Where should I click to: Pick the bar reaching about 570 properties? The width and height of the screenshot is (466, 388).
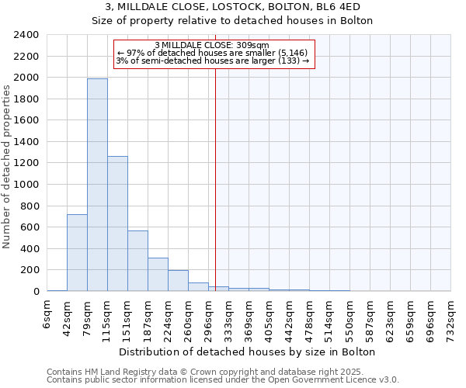pyautogui.click(x=137, y=261)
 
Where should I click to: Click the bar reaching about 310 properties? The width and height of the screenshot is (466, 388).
pyautogui.click(x=158, y=274)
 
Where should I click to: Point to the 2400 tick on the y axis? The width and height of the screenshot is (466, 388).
pyautogui.click(x=26, y=36)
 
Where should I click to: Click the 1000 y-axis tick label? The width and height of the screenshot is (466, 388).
pyautogui.click(x=26, y=185)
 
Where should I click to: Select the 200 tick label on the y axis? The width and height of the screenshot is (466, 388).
pyautogui.click(x=30, y=270)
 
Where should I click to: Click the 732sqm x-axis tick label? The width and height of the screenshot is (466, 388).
pyautogui.click(x=451, y=315)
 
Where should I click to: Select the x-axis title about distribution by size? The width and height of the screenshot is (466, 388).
pyautogui.click(x=249, y=352)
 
